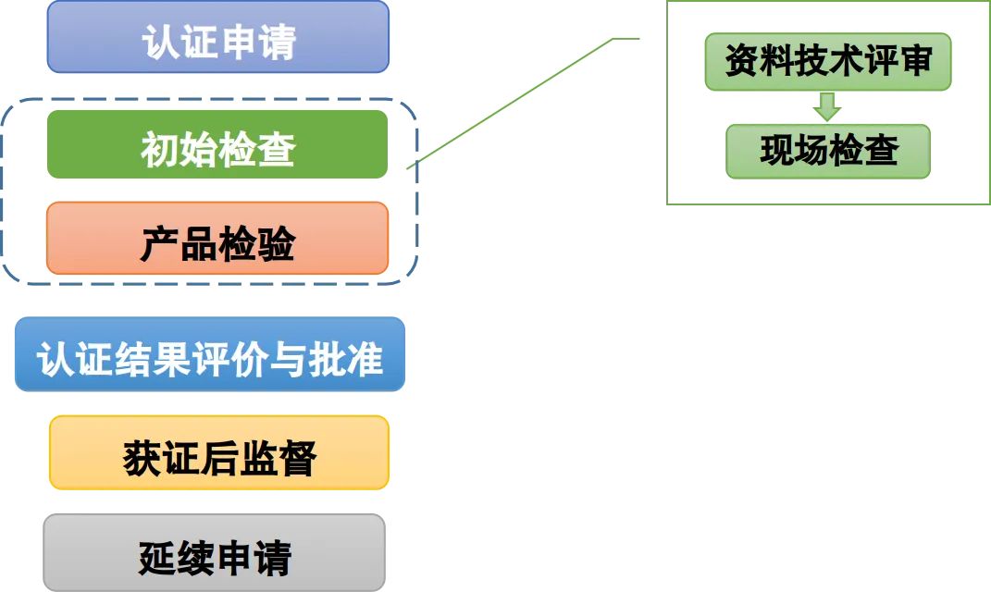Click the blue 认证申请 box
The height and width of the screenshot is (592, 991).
tap(218, 37)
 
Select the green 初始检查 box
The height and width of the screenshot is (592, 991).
tap(217, 144)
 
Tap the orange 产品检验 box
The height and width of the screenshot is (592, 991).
tap(217, 239)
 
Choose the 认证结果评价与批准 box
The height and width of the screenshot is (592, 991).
tap(210, 354)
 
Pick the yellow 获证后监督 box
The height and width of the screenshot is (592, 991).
tap(219, 452)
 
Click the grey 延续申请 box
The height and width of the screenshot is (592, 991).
tap(215, 552)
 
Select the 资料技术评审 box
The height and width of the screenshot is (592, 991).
tap(827, 63)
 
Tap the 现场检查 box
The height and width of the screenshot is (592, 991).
tap(828, 152)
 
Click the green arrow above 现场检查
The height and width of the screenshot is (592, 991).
tap(827, 105)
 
